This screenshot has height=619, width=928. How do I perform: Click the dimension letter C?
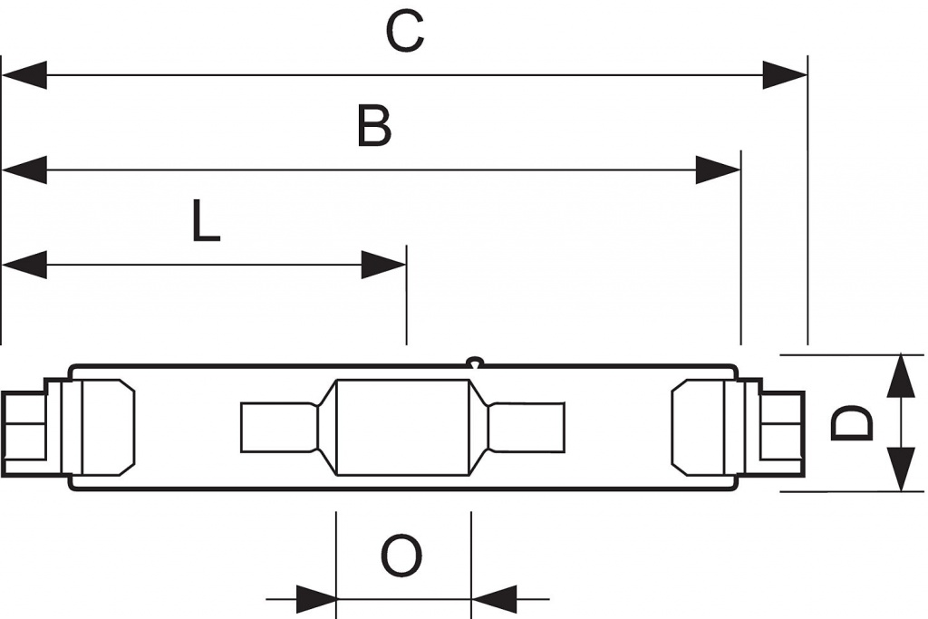405,32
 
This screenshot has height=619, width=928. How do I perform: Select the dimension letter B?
374,125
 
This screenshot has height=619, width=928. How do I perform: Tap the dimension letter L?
206,220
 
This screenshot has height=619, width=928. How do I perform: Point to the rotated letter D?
852,422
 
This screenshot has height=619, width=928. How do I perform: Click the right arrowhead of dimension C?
785,75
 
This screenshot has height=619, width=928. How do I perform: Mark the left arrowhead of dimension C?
24,75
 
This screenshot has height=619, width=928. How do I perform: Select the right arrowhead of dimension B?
718,169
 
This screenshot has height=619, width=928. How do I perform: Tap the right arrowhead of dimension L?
383,265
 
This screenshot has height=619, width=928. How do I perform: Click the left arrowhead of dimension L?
24,265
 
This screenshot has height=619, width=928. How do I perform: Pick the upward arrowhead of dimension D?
900,376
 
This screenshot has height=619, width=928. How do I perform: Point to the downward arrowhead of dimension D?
900,469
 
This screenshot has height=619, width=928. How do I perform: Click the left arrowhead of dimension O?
316,599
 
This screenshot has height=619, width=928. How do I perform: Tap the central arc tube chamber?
403,427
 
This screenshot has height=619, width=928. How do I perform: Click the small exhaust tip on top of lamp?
475,361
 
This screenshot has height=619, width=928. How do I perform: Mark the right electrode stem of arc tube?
527,427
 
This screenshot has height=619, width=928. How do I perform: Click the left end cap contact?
24,425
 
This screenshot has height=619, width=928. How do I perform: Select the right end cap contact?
782,425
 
